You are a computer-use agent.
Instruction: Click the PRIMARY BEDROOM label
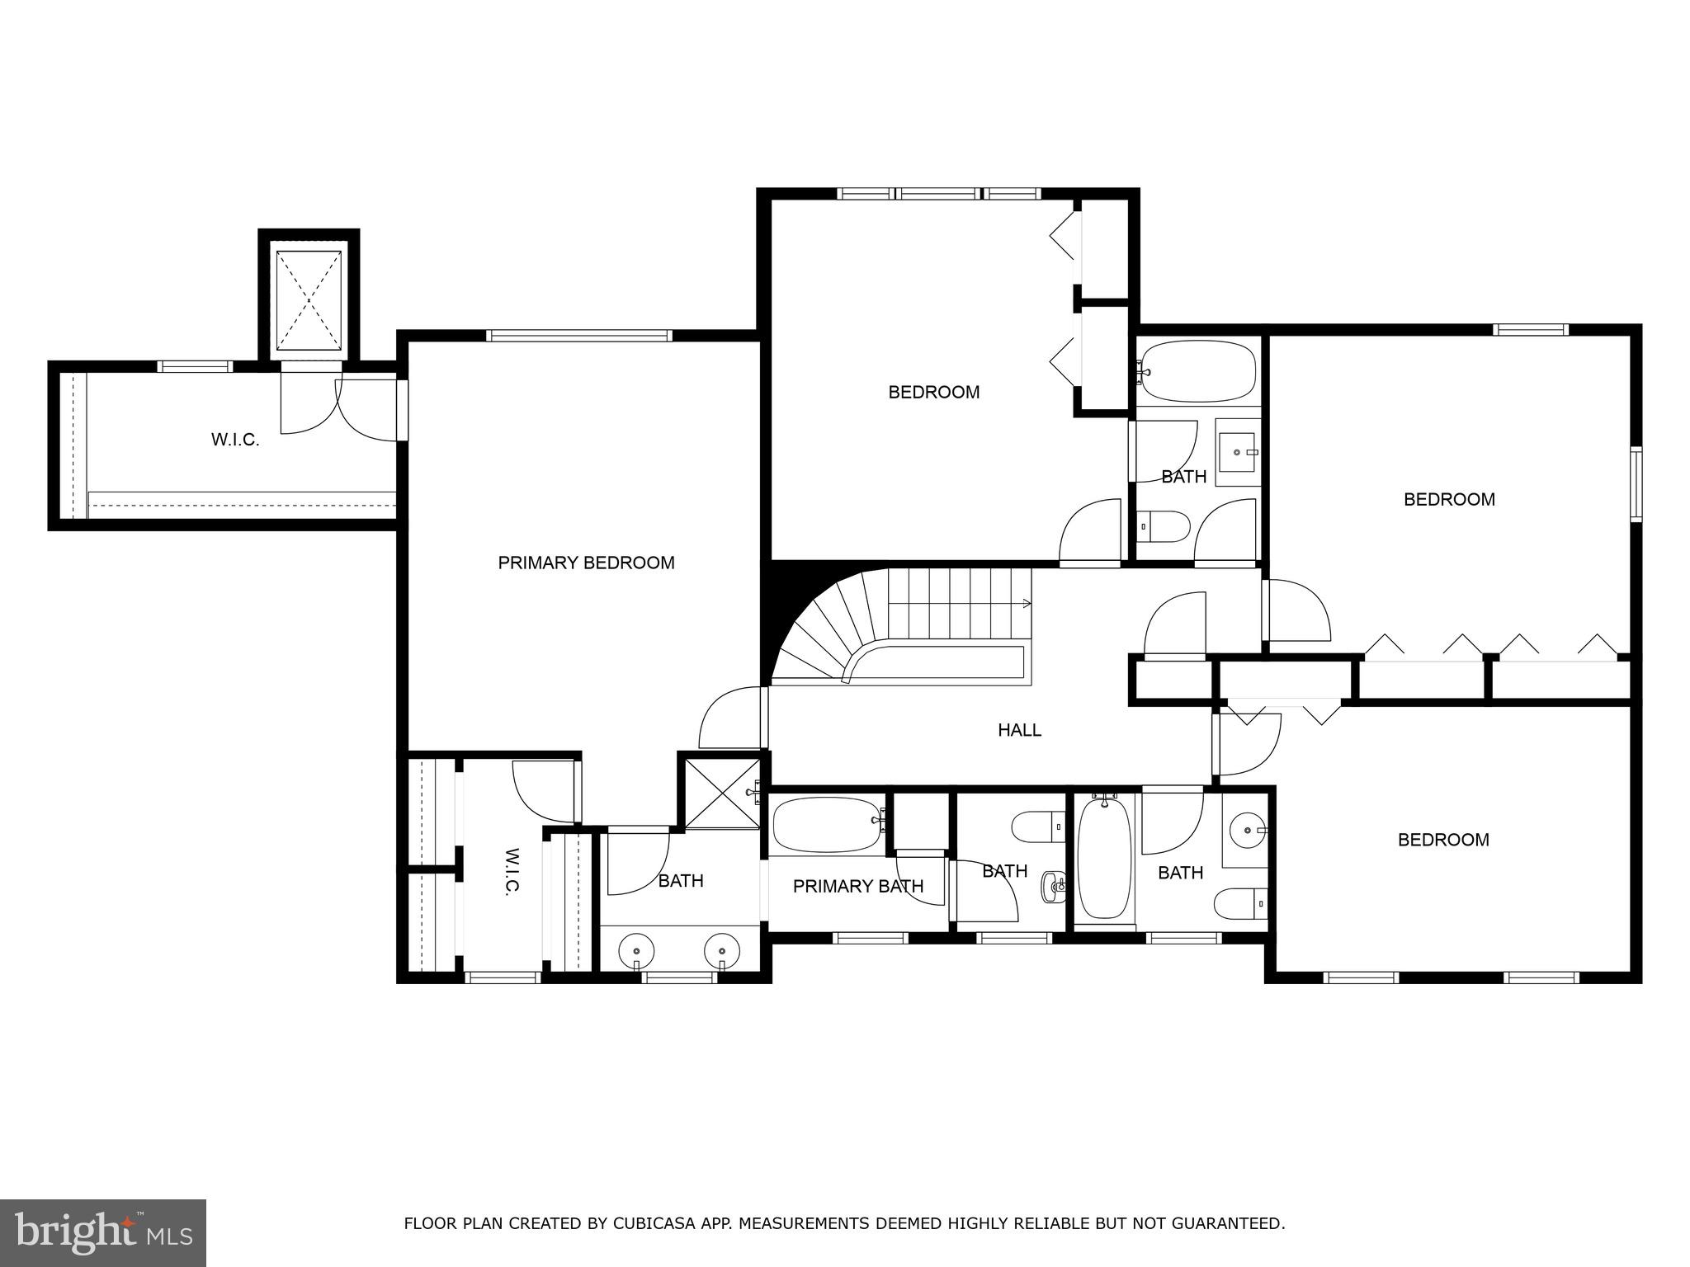tap(586, 563)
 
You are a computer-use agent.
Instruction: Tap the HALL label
tap(1019, 730)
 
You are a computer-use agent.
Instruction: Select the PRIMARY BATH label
tap(857, 886)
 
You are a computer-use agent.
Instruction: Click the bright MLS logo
tap(103, 1232)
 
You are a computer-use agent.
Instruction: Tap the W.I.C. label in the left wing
tap(235, 440)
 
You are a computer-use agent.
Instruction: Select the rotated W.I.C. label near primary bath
tap(511, 870)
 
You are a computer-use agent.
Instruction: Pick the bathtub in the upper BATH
tap(1197, 372)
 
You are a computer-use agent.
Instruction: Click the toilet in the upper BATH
tap(1163, 524)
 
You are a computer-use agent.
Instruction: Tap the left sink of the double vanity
tap(636, 950)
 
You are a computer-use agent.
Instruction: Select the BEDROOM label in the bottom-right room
tap(1442, 840)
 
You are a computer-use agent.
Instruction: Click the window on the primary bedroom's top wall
tap(578, 336)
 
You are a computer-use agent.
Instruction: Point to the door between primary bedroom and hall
tap(764, 718)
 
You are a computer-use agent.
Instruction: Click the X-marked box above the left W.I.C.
tap(309, 300)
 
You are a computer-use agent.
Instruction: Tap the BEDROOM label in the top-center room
tap(933, 392)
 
